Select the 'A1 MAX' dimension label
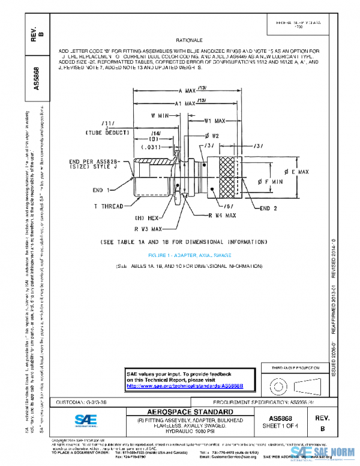(x=185, y=103)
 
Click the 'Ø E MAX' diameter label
(x=296, y=172)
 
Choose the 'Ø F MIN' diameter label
(x=265, y=181)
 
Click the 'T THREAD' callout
(x=109, y=206)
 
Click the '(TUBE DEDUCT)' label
(x=107, y=132)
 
